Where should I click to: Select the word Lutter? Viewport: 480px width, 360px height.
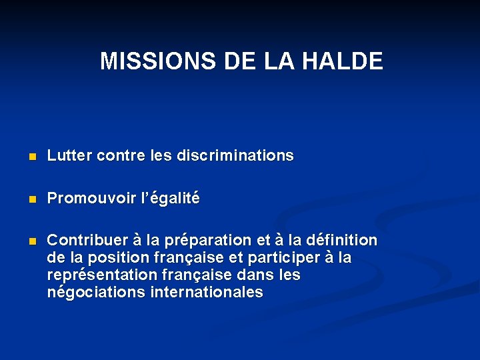[x=69, y=155]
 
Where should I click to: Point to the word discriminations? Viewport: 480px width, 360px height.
[x=235, y=155]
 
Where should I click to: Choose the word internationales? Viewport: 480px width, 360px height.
[x=208, y=292]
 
